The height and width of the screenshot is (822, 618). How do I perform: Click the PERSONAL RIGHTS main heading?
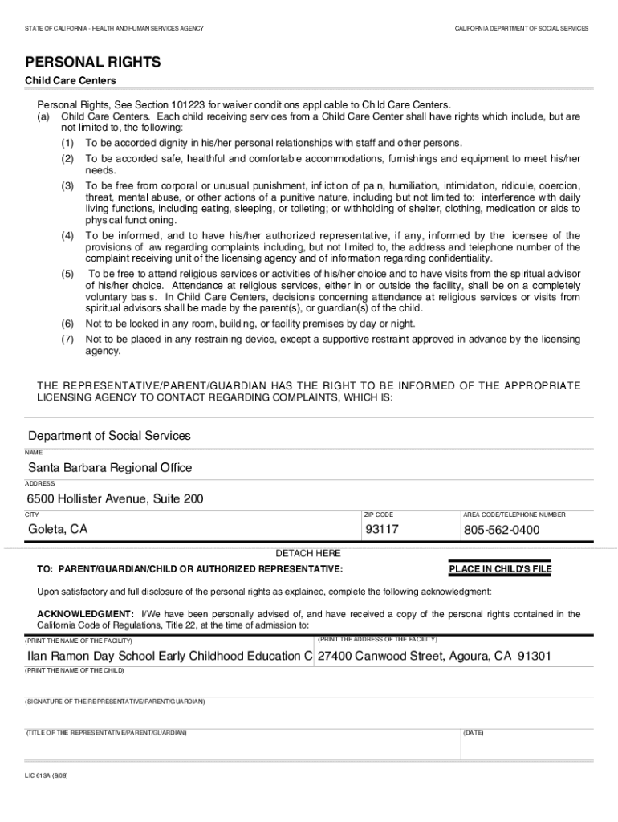pyautogui.click(x=93, y=63)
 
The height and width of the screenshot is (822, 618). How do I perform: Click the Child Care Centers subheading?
pyautogui.click(x=71, y=81)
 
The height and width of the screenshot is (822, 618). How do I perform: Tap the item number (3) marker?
pyautogui.click(x=67, y=186)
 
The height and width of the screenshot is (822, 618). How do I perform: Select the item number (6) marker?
pyautogui.click(x=67, y=324)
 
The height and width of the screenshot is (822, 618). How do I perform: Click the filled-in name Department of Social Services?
pyautogui.click(x=109, y=436)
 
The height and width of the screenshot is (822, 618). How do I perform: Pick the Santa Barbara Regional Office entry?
pyautogui.click(x=110, y=467)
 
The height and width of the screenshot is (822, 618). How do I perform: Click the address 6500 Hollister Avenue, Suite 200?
pyautogui.click(x=116, y=498)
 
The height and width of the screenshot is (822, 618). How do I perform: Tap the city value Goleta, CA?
pyautogui.click(x=58, y=530)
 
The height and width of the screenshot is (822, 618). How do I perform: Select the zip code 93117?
pyautogui.click(x=382, y=530)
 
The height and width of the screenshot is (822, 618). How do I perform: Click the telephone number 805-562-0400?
pyautogui.click(x=501, y=531)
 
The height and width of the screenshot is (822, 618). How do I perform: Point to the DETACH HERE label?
pyautogui.click(x=308, y=554)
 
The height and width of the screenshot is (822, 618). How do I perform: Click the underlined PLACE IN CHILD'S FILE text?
pyautogui.click(x=500, y=570)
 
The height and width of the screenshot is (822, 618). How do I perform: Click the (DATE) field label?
pyautogui.click(x=474, y=733)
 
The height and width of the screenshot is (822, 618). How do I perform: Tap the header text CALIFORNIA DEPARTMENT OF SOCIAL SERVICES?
pyautogui.click(x=521, y=28)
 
